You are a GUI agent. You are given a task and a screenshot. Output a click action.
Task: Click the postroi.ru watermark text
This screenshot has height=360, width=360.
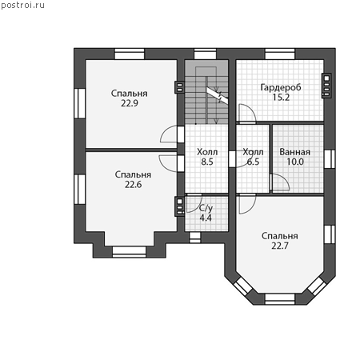point(22,6)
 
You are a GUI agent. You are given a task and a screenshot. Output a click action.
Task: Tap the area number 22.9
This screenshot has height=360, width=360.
point(130,103)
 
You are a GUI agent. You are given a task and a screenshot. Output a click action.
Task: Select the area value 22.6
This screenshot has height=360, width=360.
point(134,185)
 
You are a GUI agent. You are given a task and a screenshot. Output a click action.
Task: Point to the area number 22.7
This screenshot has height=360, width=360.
point(280,246)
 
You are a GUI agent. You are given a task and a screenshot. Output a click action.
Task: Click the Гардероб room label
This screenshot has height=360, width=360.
point(281,87)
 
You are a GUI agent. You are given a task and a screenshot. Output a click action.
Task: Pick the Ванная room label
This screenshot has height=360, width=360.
point(295,152)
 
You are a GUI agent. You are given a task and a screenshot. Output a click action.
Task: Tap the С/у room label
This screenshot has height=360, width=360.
point(206,208)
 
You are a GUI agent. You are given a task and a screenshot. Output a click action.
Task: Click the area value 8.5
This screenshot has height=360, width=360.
point(207,162)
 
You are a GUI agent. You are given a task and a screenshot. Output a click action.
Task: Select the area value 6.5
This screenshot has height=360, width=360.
point(253,162)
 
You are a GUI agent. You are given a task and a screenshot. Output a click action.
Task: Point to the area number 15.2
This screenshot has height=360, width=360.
point(281,98)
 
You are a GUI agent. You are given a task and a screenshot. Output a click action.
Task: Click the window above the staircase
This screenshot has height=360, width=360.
point(205,54)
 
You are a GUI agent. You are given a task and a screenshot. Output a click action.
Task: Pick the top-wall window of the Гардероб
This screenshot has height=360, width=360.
point(280,54)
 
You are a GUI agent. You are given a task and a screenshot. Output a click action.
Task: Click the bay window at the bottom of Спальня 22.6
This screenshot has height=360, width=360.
point(129,252)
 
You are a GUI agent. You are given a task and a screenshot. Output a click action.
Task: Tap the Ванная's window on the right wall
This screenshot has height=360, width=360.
point(330,159)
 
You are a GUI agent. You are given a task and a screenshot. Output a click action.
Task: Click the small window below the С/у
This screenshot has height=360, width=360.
point(195,238)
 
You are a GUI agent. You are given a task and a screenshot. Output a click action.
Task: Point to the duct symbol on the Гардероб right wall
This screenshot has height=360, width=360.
point(326,86)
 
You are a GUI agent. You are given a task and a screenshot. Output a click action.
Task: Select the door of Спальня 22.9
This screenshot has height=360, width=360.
point(169,134)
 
